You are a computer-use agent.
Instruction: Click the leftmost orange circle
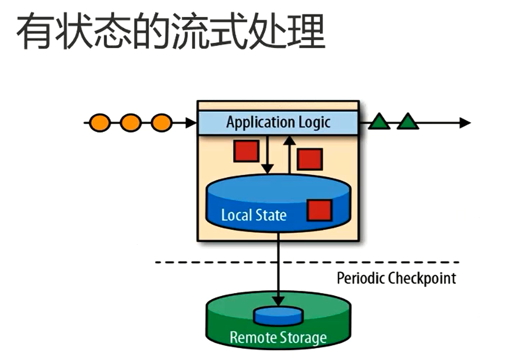(100, 123)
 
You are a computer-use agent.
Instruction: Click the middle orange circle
(131, 123)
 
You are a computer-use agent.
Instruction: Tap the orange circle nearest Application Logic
(161, 123)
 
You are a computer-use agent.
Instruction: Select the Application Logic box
(278, 123)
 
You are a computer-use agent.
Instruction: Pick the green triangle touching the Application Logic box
(379, 122)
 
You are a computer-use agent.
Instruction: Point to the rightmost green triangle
(407, 122)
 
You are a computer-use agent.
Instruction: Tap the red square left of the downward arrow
(246, 151)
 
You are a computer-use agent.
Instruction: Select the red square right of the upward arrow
(309, 159)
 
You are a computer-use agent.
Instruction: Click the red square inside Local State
(319, 210)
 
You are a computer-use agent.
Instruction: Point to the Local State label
(254, 215)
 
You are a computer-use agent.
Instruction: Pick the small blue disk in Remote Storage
(278, 316)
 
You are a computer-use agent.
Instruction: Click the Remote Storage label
(278, 337)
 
